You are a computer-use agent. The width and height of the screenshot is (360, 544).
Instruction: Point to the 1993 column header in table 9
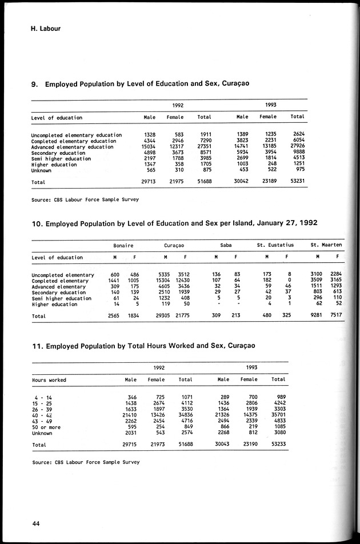coord(271,105)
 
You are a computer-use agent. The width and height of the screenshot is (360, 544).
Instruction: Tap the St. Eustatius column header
coord(275,245)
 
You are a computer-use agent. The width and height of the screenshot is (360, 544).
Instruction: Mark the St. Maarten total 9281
coord(314,316)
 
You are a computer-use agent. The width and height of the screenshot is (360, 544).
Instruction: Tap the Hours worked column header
coord(49,379)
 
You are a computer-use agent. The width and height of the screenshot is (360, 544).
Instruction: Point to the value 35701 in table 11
coord(279,414)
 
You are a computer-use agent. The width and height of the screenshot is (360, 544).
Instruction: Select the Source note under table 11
coord(85,462)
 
